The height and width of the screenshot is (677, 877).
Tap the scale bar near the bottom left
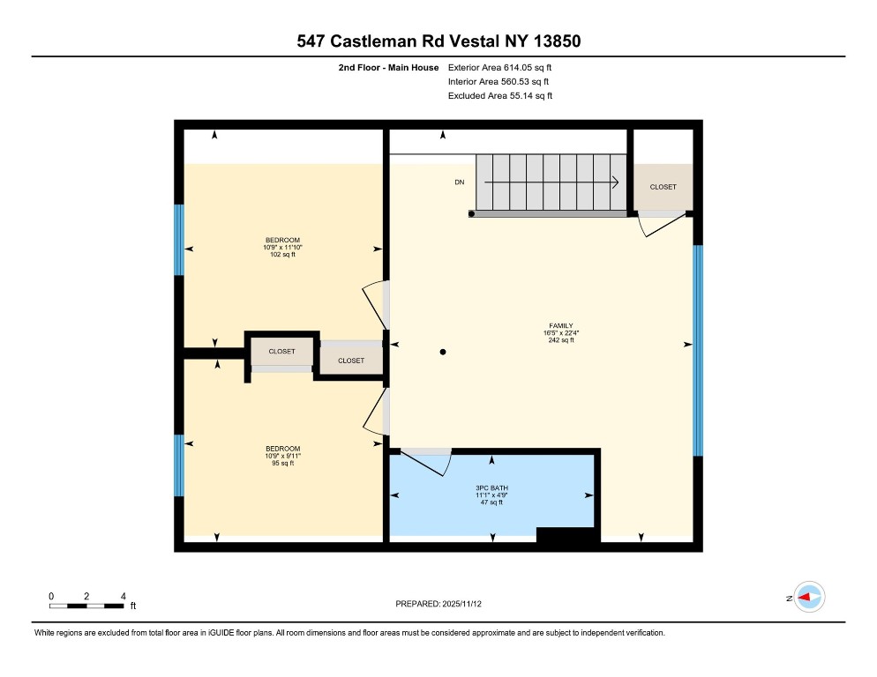(86, 606)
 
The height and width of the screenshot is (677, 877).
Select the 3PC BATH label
(491, 487)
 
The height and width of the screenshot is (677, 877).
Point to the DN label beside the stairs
(459, 182)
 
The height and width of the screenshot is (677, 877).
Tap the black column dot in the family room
(444, 353)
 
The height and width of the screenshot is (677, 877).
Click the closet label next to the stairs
(663, 187)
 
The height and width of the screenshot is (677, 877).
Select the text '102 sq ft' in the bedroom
(282, 256)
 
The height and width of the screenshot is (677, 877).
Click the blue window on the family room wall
(697, 350)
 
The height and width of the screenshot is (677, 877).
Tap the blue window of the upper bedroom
(179, 240)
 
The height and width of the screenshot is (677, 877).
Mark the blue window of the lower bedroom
(179, 465)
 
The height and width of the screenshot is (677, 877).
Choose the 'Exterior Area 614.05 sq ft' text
(500, 67)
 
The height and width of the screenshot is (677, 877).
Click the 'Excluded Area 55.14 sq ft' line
(500, 95)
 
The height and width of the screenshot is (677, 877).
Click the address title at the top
(438, 41)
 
